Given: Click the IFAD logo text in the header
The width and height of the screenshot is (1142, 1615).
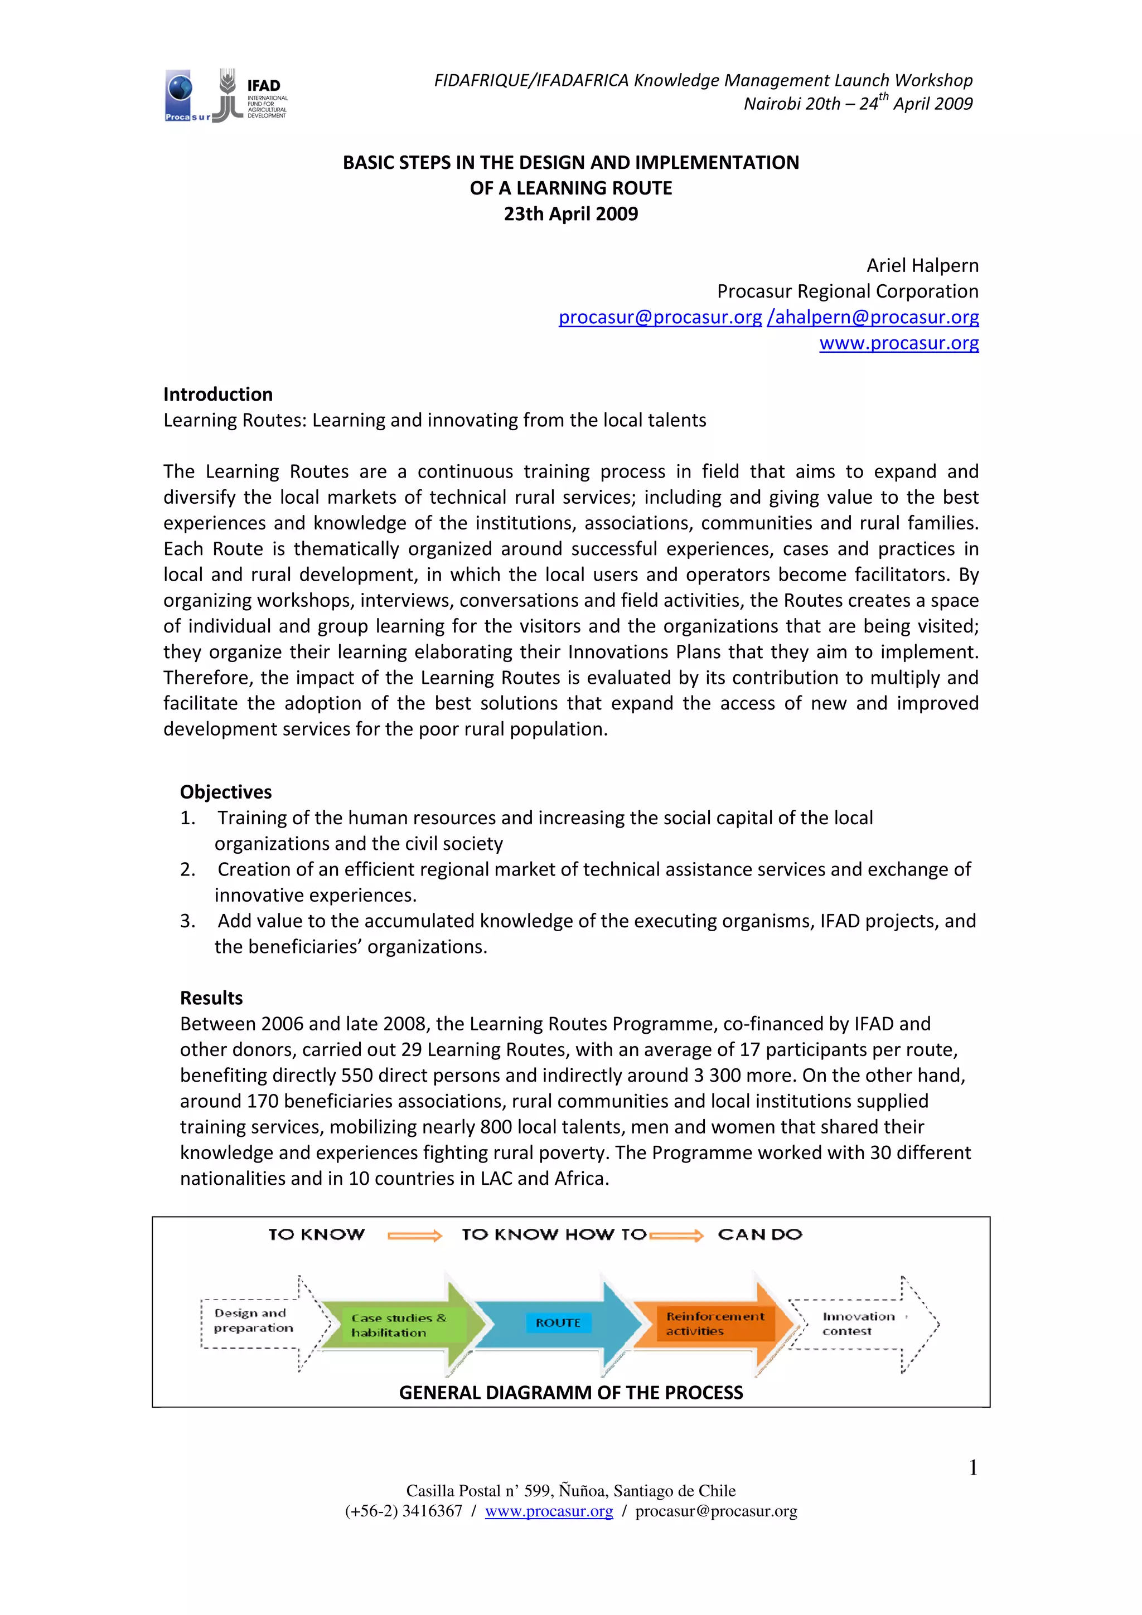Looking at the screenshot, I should (264, 85).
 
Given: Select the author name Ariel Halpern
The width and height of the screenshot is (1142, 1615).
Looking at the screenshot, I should (922, 265).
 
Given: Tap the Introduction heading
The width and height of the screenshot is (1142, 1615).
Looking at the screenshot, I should (218, 394).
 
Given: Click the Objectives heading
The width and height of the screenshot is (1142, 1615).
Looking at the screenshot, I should (226, 792).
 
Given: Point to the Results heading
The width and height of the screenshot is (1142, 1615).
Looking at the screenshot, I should (211, 998).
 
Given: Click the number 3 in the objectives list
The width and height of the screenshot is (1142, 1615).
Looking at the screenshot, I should (186, 921).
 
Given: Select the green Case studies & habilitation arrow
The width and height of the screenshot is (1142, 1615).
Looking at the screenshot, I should (401, 1325).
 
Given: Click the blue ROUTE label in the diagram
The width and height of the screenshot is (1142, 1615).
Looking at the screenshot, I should (558, 1323).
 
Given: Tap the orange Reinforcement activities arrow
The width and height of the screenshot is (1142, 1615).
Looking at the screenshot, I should (710, 1324).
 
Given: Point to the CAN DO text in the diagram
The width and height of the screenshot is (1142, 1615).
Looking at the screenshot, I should (760, 1234).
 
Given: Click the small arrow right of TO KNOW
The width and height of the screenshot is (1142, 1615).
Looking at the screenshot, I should (414, 1236).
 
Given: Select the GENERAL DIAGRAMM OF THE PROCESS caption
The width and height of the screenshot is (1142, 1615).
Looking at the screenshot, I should (570, 1393).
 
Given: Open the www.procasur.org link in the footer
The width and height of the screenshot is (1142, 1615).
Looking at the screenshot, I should (549, 1511).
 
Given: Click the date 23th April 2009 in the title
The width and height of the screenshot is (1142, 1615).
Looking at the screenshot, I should (570, 214).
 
